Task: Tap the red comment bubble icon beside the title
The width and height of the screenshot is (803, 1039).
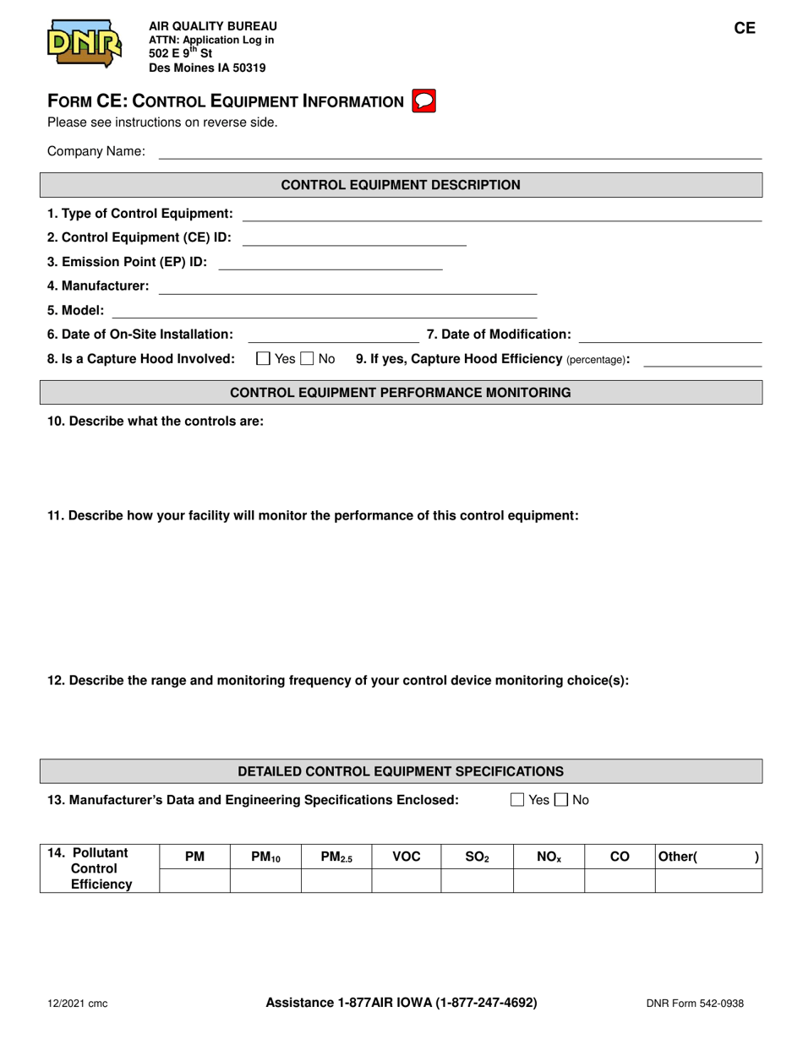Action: [423, 101]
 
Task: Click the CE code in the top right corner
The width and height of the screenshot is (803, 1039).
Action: [744, 28]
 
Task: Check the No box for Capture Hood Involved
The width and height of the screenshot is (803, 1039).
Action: [308, 360]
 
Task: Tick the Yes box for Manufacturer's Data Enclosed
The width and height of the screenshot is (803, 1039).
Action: [518, 799]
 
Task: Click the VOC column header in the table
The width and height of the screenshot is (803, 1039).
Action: [407, 857]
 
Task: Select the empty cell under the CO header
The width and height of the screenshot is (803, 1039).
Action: [620, 883]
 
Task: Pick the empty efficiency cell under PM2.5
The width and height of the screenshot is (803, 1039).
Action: [336, 883]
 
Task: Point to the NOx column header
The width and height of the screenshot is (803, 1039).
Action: [549, 857]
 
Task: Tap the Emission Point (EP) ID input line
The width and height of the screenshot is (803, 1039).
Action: [330, 263]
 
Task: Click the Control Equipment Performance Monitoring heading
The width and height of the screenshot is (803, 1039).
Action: [401, 393]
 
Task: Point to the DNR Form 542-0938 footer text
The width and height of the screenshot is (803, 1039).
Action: [695, 1004]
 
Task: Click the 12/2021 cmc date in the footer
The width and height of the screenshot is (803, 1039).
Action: [77, 1004]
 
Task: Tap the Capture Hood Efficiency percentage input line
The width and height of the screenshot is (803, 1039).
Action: [702, 360]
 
